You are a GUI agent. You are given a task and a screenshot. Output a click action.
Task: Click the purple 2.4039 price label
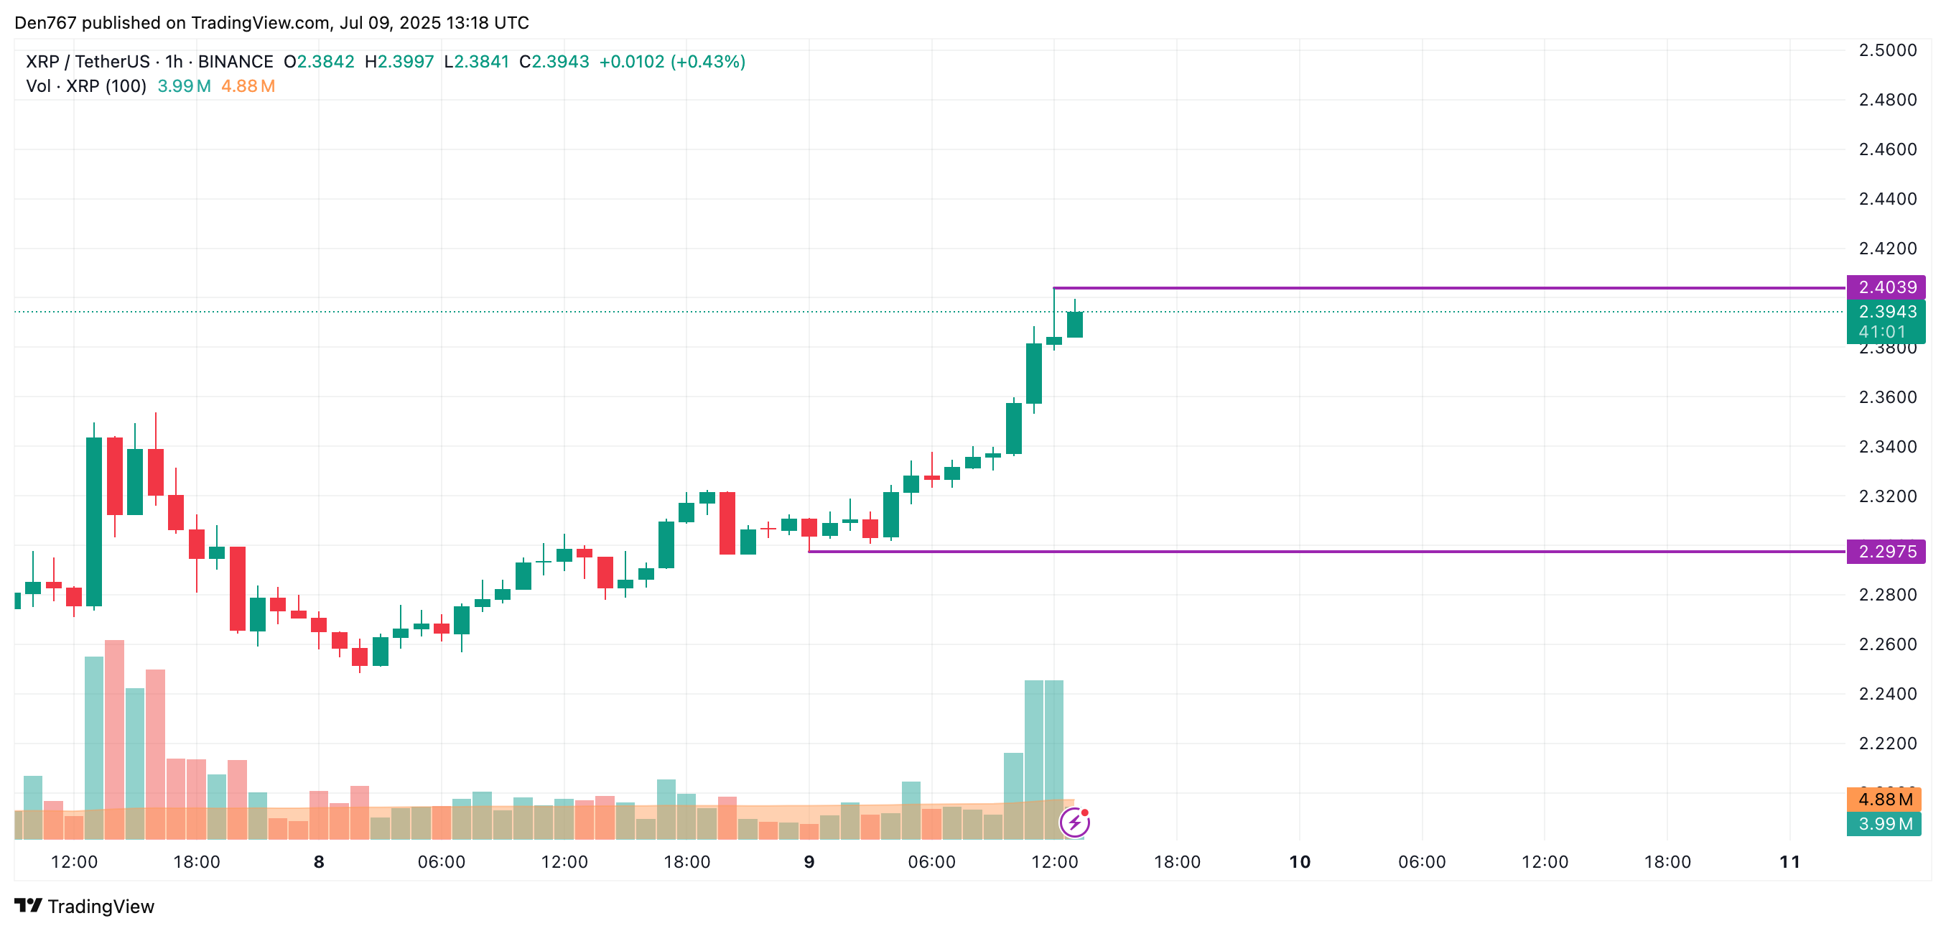(x=1886, y=287)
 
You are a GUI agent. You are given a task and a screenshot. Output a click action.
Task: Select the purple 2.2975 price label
(x=1886, y=552)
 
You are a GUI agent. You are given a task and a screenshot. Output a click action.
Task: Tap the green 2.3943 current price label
(x=1886, y=312)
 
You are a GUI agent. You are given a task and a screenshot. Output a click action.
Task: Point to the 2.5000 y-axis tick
(x=1887, y=50)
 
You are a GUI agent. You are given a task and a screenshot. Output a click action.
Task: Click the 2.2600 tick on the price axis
(x=1887, y=644)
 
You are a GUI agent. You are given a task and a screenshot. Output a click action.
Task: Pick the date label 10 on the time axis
(x=1299, y=862)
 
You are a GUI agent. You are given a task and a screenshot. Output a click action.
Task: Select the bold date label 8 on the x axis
(x=319, y=862)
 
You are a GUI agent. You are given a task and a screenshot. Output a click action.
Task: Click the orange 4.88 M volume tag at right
(x=1884, y=800)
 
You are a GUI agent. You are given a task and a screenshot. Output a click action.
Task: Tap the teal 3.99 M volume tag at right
(x=1884, y=824)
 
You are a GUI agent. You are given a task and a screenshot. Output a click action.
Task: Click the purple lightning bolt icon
(x=1074, y=823)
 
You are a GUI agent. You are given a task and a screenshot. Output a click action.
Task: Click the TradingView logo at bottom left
(x=84, y=906)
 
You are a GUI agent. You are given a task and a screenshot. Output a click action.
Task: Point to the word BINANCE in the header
(x=235, y=62)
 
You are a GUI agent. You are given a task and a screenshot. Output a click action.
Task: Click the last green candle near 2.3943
(x=1074, y=325)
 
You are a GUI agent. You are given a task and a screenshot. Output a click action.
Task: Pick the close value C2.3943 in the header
(x=554, y=62)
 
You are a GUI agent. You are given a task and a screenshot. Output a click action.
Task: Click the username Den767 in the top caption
(x=45, y=23)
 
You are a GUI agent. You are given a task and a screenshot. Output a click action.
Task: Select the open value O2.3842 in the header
(x=319, y=62)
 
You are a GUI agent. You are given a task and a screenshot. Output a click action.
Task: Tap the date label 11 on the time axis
(x=1789, y=862)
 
